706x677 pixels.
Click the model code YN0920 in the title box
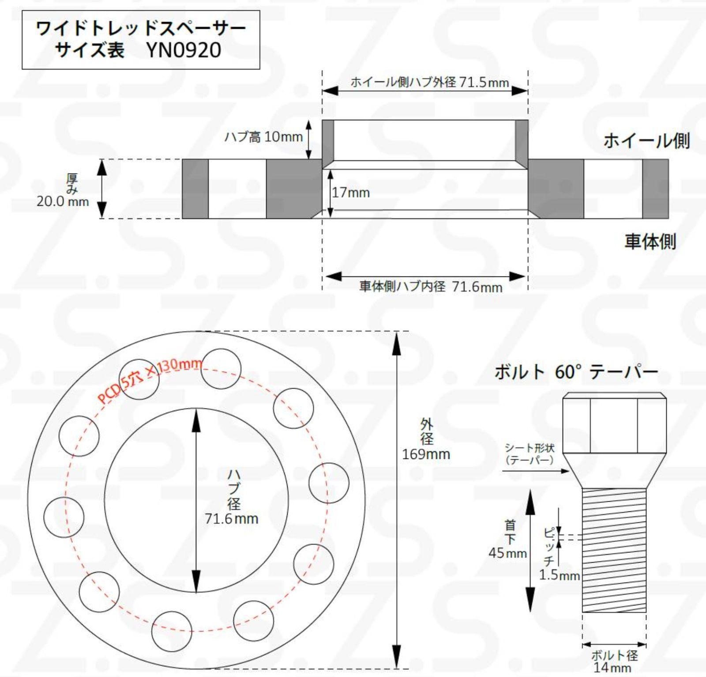pyautogui.click(x=184, y=50)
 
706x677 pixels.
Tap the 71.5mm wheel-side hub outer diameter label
pyautogui.click(x=429, y=82)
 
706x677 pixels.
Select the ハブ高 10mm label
pyautogui.click(x=263, y=136)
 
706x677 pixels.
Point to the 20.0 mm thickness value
pyautogui.click(x=63, y=202)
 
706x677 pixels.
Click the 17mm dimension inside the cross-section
pyautogui.click(x=351, y=193)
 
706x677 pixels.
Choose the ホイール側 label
pyautogui.click(x=646, y=140)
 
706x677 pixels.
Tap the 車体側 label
pyautogui.click(x=650, y=241)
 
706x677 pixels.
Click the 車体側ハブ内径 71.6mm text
pyautogui.click(x=431, y=287)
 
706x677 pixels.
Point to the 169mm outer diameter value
pyautogui.click(x=426, y=454)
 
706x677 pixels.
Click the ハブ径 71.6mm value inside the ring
pyautogui.click(x=231, y=518)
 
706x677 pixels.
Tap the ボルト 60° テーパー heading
pyautogui.click(x=576, y=372)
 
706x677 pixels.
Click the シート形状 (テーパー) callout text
pyautogui.click(x=529, y=454)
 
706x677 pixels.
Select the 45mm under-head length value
pyautogui.click(x=507, y=553)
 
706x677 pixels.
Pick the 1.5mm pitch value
pyautogui.click(x=559, y=575)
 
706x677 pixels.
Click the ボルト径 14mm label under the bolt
pyautogui.click(x=614, y=661)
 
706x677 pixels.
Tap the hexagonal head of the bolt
pyautogui.click(x=614, y=424)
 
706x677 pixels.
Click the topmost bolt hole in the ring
pyautogui.click(x=221, y=369)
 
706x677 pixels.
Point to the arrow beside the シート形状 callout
pyautogui.click(x=536, y=471)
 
